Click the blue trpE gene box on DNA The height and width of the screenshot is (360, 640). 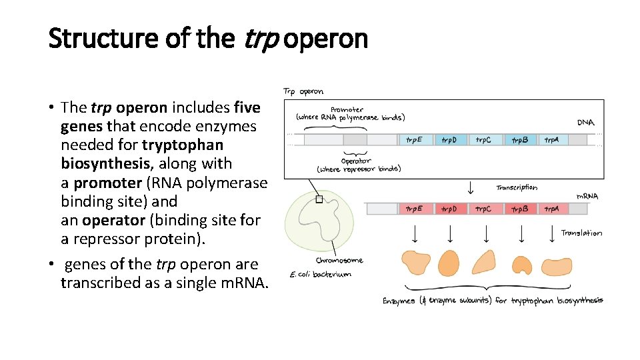coord(414,140)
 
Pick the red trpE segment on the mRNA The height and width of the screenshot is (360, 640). coord(414,209)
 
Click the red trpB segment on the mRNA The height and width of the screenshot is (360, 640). coord(519,209)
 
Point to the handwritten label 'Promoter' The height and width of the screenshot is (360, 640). coord(347,109)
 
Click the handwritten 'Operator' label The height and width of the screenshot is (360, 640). coord(356,161)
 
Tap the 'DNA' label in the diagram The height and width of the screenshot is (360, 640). coord(586,123)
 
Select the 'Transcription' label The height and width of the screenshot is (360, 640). coord(517,188)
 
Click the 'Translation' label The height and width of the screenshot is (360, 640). coord(581,233)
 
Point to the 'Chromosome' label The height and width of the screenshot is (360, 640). coord(339,261)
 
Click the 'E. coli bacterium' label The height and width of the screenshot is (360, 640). coord(320,275)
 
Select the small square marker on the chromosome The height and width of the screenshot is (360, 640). coord(319,199)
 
